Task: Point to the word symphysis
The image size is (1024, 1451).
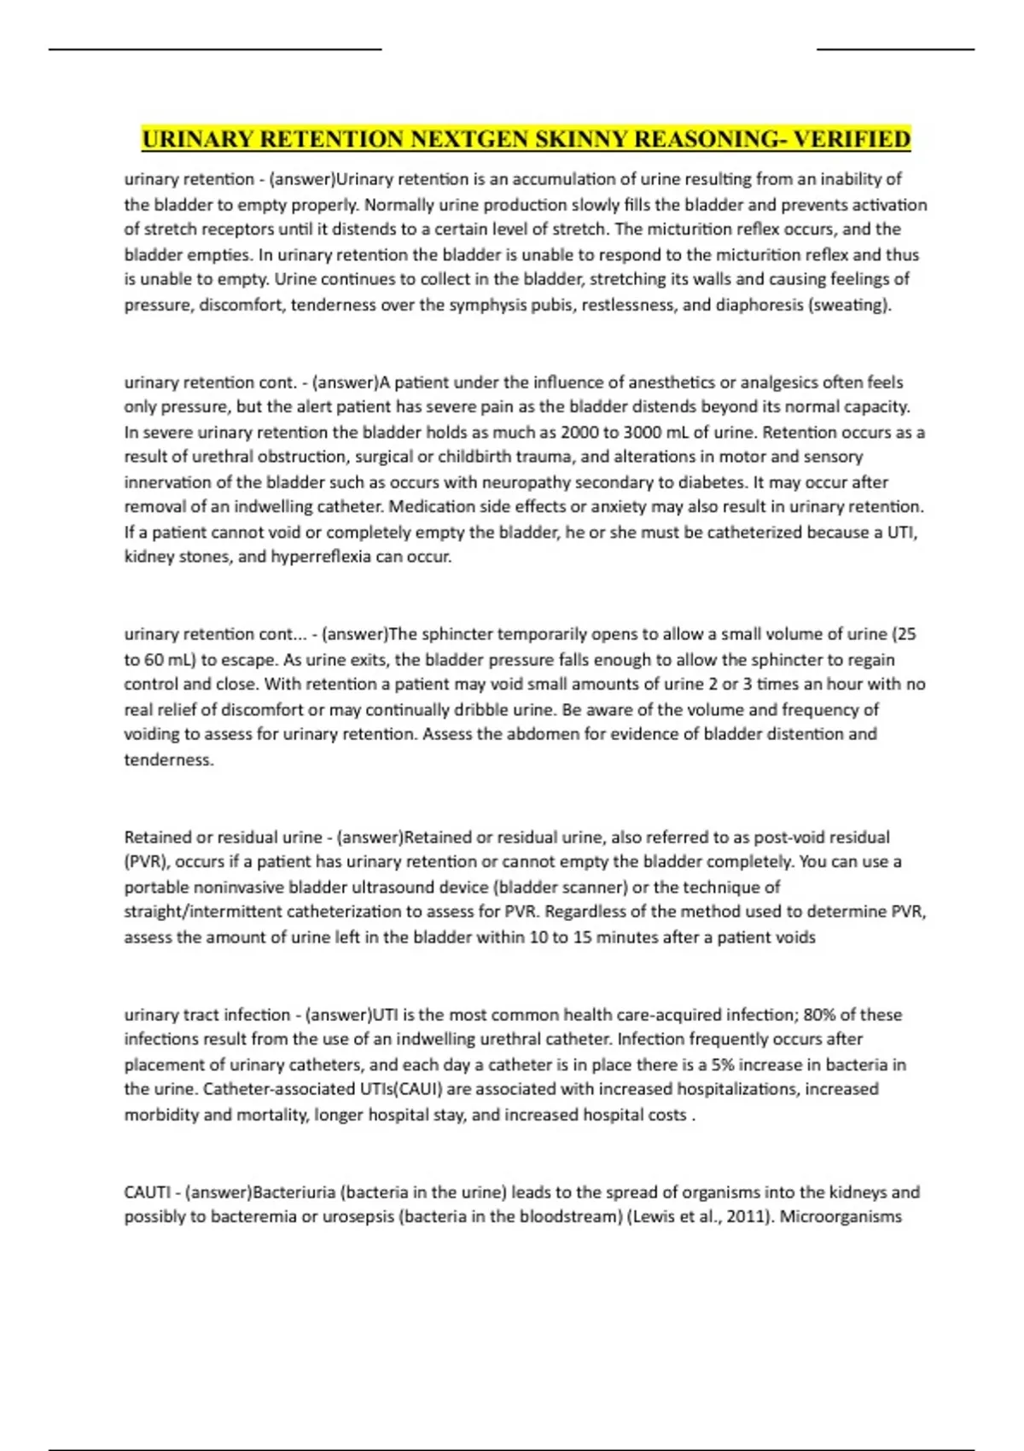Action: (457, 305)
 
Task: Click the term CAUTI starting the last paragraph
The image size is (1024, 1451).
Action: (148, 1192)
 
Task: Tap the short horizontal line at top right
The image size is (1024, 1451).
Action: (895, 50)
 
